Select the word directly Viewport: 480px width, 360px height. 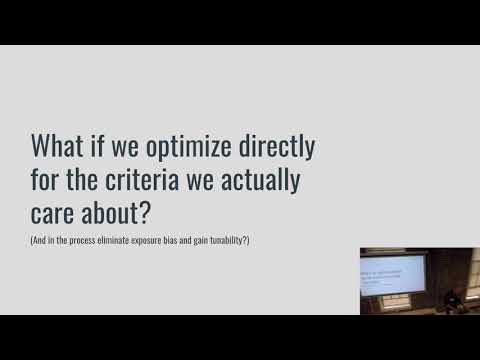pyautogui.click(x=280, y=148)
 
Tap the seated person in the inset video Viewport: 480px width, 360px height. pyautogui.click(x=452, y=298)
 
